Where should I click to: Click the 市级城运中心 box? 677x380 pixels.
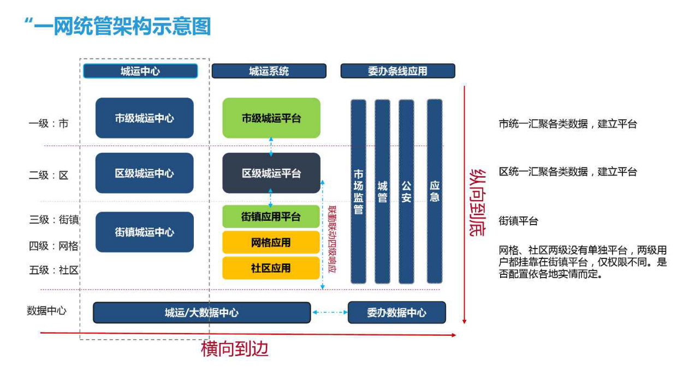click(x=144, y=118)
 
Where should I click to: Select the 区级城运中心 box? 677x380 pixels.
click(x=144, y=173)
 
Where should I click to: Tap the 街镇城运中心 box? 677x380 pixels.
click(x=144, y=232)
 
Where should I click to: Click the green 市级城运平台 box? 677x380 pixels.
click(x=271, y=118)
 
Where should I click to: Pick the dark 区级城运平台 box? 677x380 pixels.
click(x=271, y=173)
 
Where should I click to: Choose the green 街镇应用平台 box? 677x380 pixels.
click(x=271, y=217)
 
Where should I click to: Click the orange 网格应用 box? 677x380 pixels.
click(x=271, y=243)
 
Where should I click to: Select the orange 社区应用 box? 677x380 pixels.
click(x=271, y=268)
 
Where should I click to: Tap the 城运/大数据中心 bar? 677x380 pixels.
click(x=201, y=313)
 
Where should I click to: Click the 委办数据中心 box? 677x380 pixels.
click(x=396, y=313)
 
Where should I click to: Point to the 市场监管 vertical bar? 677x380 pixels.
click(x=358, y=191)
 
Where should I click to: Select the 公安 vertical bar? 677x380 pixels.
click(x=406, y=191)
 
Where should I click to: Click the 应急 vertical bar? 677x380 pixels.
click(x=435, y=191)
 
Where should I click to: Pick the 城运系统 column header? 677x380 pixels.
click(x=269, y=71)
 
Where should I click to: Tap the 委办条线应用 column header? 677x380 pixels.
click(x=397, y=71)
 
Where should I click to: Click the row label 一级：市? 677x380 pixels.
click(x=49, y=124)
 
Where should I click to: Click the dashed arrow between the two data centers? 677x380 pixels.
click(x=329, y=313)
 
